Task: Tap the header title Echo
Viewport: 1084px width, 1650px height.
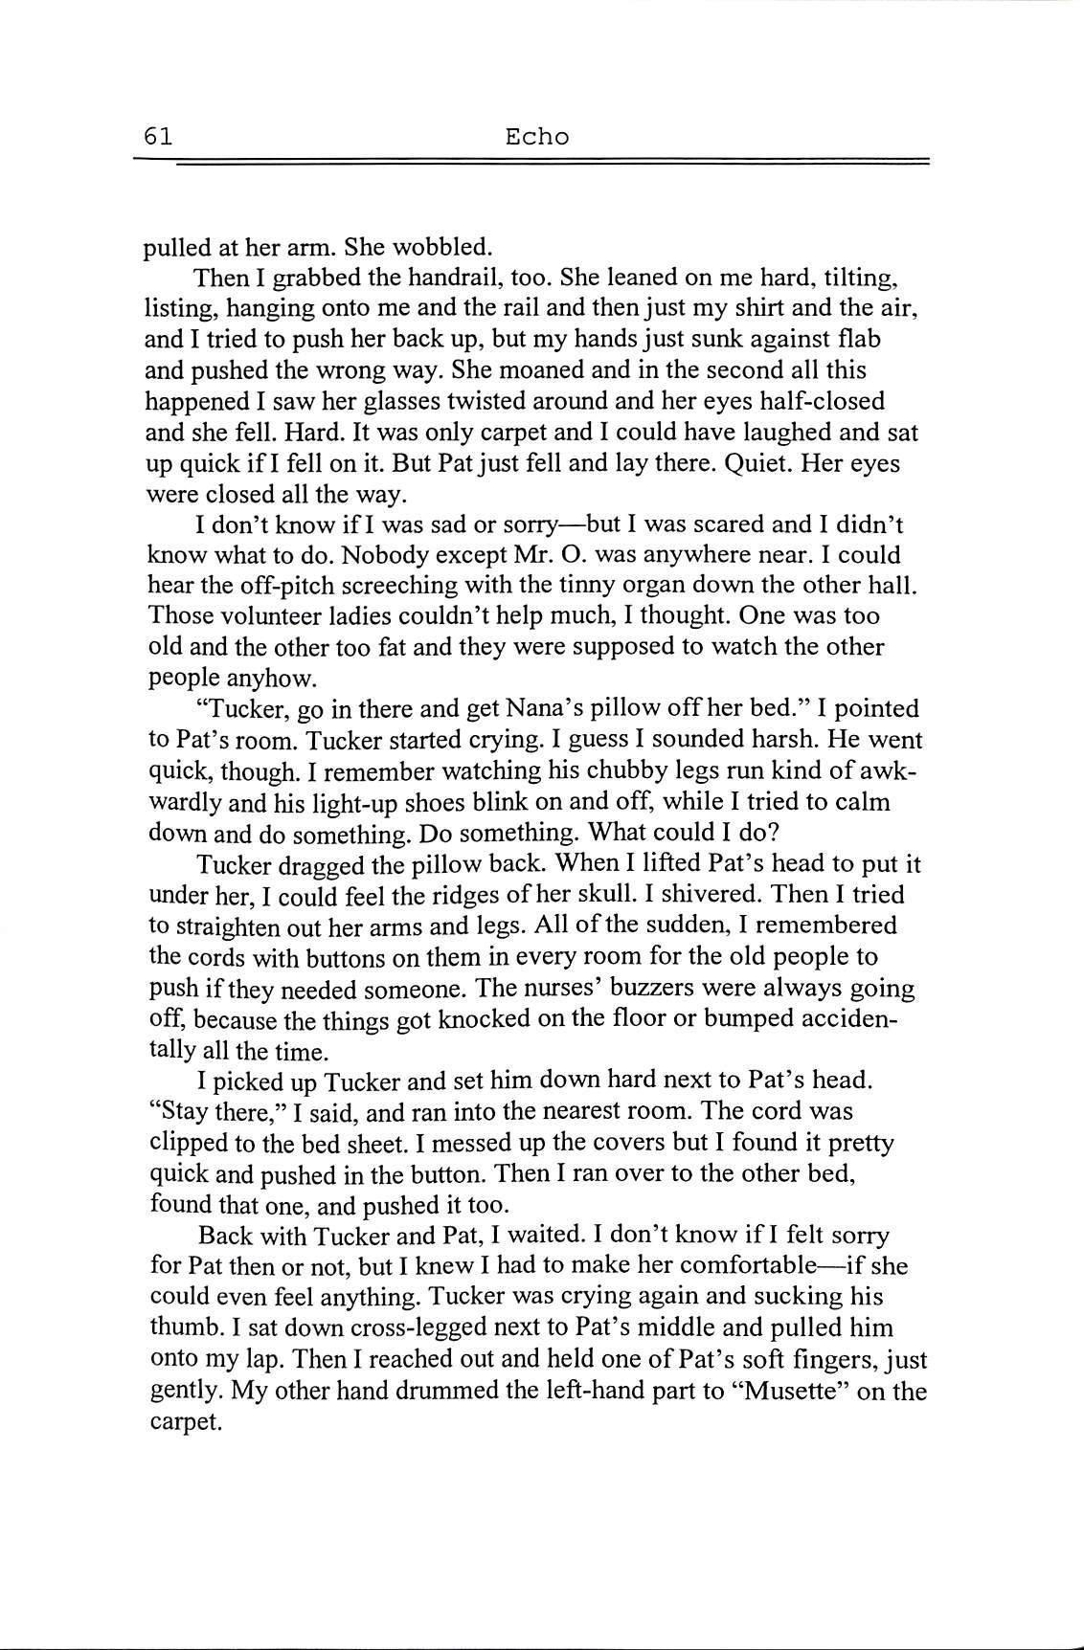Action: pyautogui.click(x=536, y=137)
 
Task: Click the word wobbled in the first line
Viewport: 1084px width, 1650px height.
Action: pyautogui.click(x=442, y=247)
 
